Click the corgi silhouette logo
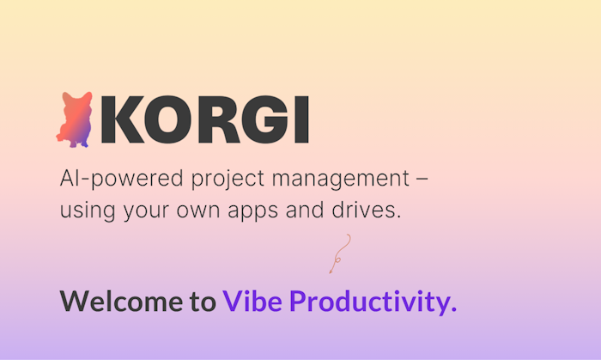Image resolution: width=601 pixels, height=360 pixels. coord(75,119)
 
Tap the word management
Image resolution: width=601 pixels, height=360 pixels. coord(338,181)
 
